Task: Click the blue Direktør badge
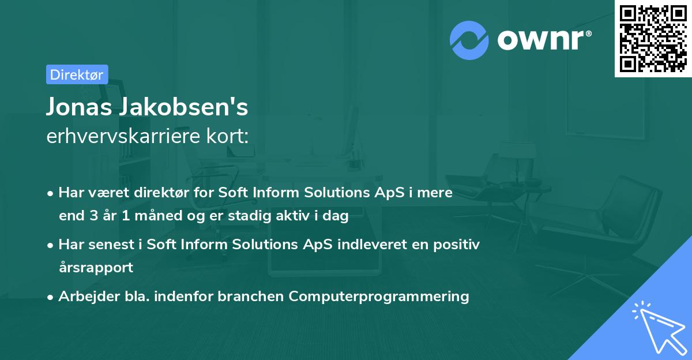click(x=77, y=74)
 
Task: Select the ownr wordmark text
click(x=543, y=39)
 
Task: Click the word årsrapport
click(x=96, y=267)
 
